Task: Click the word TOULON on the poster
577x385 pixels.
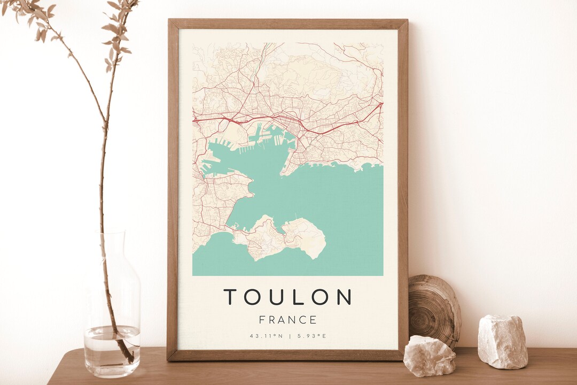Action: [x=287, y=297]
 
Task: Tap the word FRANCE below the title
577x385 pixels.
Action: [x=287, y=320]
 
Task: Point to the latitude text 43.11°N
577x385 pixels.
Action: [x=266, y=336]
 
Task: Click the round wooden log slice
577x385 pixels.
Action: [x=434, y=310]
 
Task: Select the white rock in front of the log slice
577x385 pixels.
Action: [x=429, y=356]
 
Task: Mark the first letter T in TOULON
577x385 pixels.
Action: [x=230, y=297]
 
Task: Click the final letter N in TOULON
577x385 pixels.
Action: [x=345, y=297]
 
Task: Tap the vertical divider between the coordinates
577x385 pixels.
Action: [x=288, y=336]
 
